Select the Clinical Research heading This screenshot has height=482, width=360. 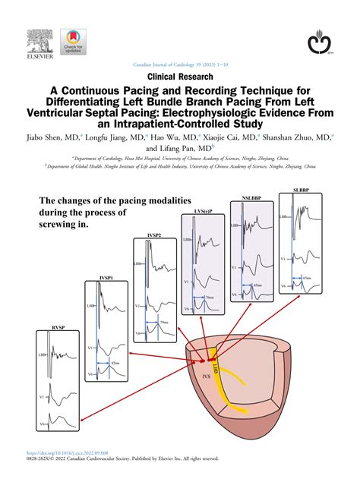click(180, 77)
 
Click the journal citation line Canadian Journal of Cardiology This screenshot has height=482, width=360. click(180, 65)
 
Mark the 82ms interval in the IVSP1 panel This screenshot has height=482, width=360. click(115, 364)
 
